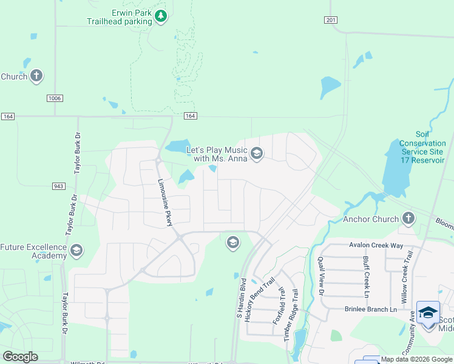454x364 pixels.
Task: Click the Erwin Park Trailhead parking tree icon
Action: point(161,16)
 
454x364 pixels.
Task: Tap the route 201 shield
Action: point(330,20)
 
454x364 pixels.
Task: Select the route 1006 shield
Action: point(55,98)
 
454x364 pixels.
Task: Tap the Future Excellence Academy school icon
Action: point(76,251)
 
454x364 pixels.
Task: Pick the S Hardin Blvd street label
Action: point(242,298)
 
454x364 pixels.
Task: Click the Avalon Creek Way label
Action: point(376,245)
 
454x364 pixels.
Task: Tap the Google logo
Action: point(20,357)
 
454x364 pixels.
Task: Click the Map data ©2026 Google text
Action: point(417,359)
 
